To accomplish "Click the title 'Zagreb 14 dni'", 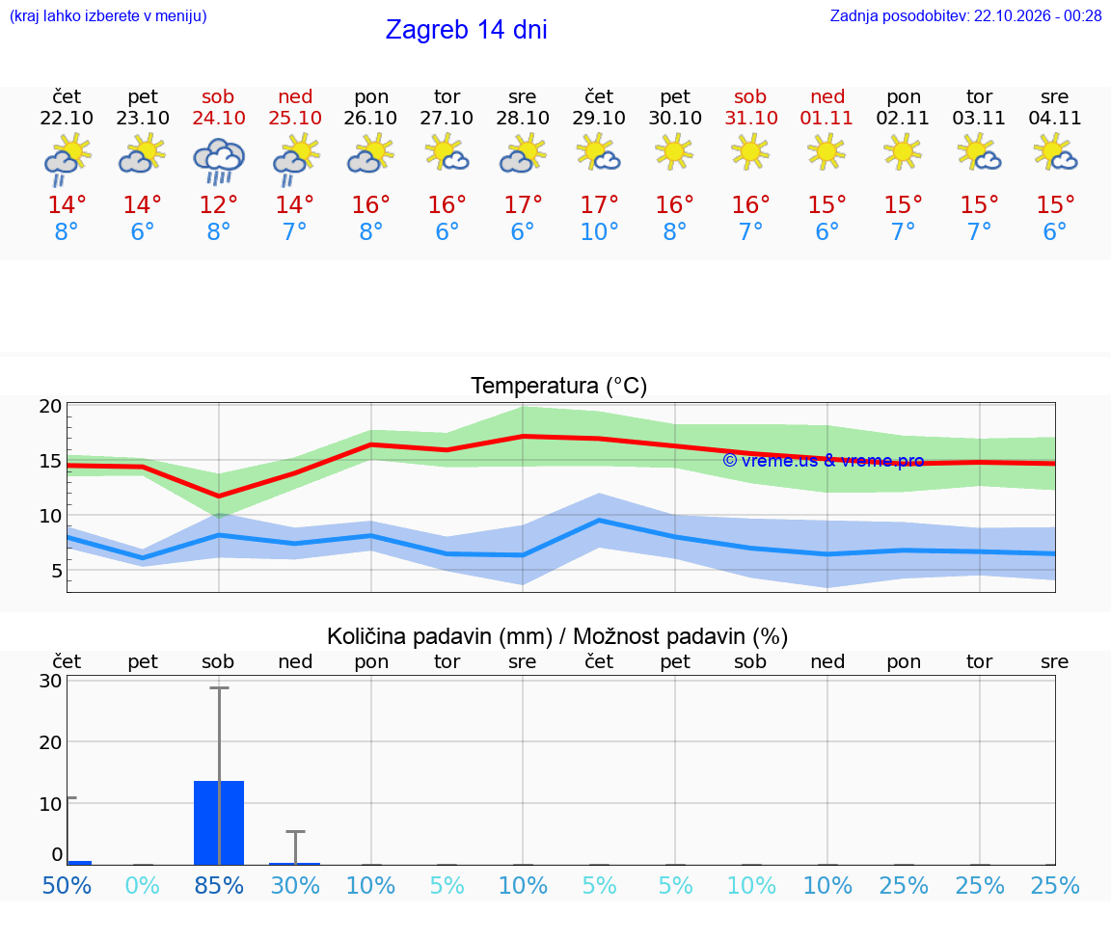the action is click(x=466, y=30).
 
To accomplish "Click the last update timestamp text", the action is click(x=965, y=15).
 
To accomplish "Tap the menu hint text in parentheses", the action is click(x=108, y=15).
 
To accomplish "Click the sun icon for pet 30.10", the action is click(x=674, y=153).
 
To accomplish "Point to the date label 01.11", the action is click(x=826, y=118).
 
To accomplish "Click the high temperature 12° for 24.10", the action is click(x=218, y=204).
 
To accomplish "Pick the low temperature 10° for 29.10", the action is click(x=600, y=231).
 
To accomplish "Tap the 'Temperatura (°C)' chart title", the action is click(x=559, y=386).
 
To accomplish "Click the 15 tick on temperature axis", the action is click(x=50, y=461).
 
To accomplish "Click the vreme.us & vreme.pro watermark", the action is click(x=824, y=461).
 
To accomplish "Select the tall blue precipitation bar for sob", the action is click(x=219, y=822).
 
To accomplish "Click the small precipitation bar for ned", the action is click(x=295, y=864).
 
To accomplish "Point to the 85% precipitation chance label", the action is click(x=219, y=885).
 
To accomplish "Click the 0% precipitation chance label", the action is click(x=143, y=885).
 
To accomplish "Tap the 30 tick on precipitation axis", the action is click(x=50, y=681).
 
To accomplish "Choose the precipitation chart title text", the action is click(x=557, y=636).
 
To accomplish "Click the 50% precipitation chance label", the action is click(x=67, y=885).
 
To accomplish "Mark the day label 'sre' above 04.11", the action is click(x=1054, y=96).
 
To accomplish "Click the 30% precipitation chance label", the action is click(x=295, y=885).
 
